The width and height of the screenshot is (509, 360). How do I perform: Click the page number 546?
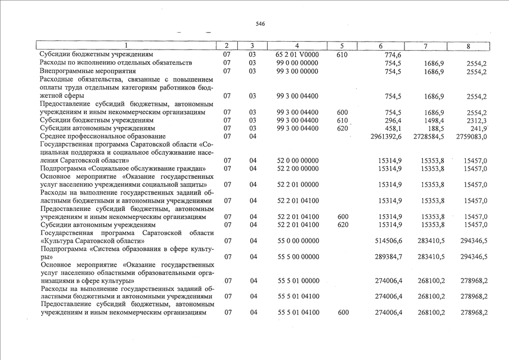(260, 24)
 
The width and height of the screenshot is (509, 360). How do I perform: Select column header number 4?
(297, 46)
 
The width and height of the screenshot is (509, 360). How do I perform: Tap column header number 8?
(468, 46)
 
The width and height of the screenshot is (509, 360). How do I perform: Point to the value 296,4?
(393, 120)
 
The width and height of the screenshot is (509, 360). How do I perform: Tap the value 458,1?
(393, 128)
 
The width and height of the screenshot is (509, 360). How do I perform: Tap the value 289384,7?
(389, 257)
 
